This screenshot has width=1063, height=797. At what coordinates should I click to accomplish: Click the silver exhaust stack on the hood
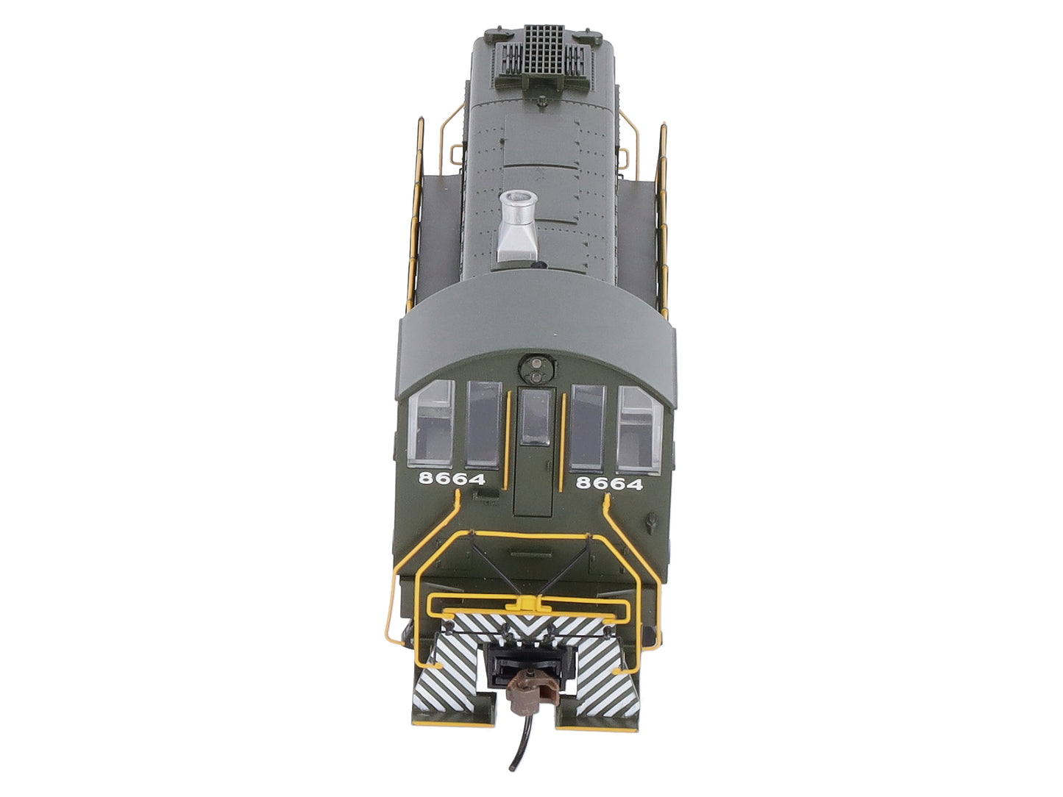517,227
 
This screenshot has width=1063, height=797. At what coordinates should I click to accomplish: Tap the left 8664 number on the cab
452,479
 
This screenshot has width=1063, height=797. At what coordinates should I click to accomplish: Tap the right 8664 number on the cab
609,483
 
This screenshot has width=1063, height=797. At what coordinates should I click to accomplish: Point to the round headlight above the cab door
535,370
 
